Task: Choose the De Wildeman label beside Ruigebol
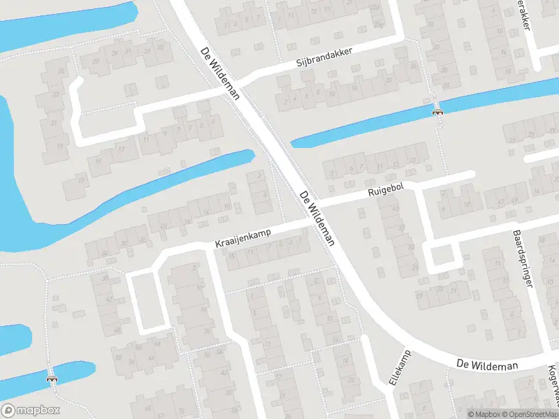click(317, 219)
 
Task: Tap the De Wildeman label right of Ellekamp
click(487, 365)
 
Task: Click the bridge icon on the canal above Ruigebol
click(438, 110)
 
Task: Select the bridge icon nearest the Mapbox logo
click(52, 378)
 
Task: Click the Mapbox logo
click(30, 411)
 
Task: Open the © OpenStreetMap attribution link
click(530, 413)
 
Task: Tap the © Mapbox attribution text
click(484, 413)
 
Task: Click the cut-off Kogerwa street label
click(553, 384)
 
